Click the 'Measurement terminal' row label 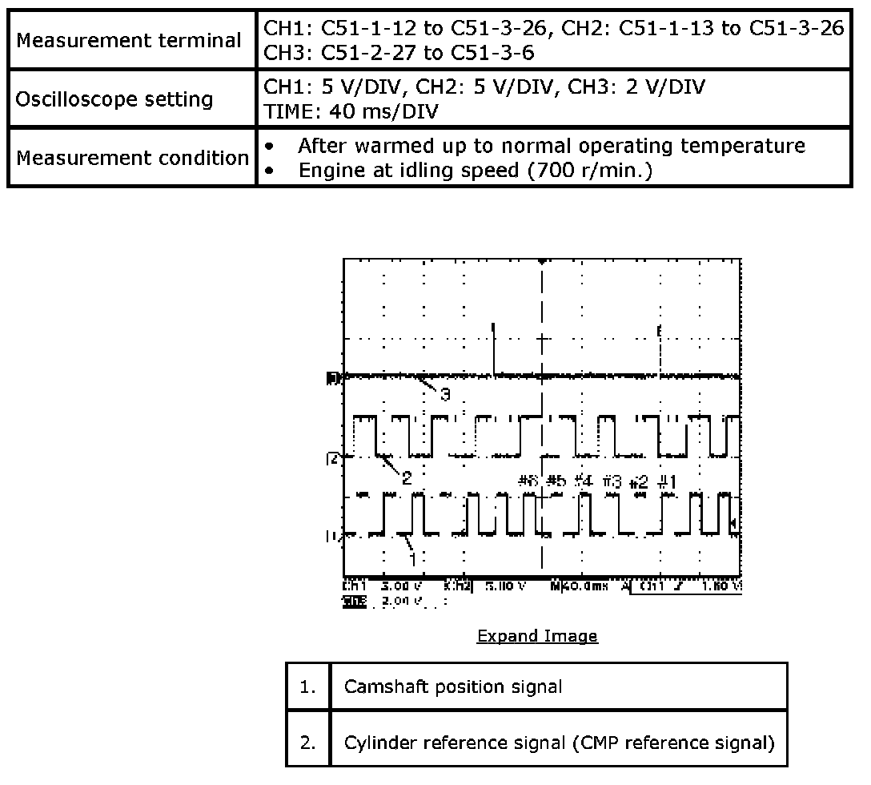click(129, 40)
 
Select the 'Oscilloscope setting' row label click(114, 100)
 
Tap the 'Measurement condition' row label click(133, 158)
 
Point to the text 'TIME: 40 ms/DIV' click(351, 111)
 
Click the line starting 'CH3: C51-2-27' click(399, 52)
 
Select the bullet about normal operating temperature click(551, 146)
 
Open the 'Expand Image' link click(537, 636)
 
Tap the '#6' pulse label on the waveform click(528, 481)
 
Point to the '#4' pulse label click(583, 481)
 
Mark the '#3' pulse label click(612, 481)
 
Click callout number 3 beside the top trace click(445, 394)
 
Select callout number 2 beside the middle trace click(407, 478)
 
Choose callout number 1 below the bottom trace click(413, 556)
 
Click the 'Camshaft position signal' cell click(453, 686)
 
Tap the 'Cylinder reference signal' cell click(559, 743)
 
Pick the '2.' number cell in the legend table click(308, 743)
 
